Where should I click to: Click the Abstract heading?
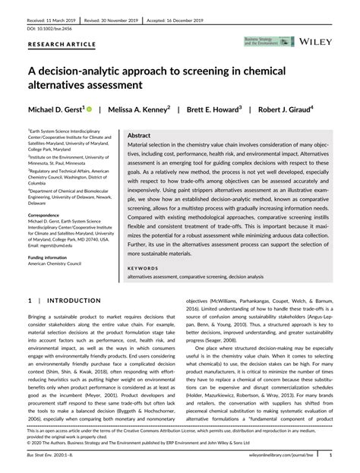coord(144,133)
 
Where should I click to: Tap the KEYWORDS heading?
coord(143,268)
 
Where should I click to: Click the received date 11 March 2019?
coord(50,14)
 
